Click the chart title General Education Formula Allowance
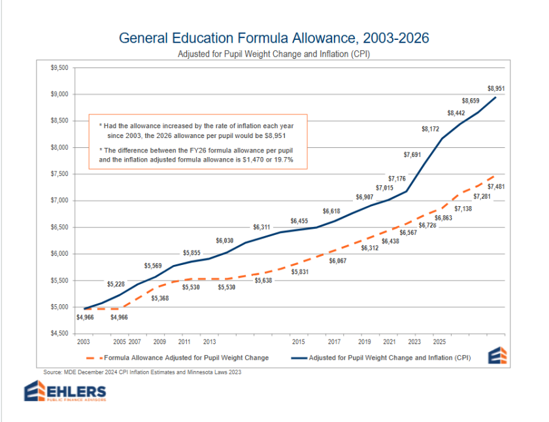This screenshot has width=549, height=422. (x=274, y=38)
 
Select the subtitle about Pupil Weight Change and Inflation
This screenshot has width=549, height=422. (x=274, y=54)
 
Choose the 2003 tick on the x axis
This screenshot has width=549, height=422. (x=84, y=342)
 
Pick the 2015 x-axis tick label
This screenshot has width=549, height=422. (x=298, y=342)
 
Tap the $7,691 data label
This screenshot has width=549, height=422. (x=412, y=155)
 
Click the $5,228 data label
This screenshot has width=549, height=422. (x=116, y=285)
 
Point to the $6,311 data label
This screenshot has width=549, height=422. (x=262, y=228)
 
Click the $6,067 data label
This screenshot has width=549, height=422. (x=338, y=261)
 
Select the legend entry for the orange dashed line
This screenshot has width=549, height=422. (x=177, y=358)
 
